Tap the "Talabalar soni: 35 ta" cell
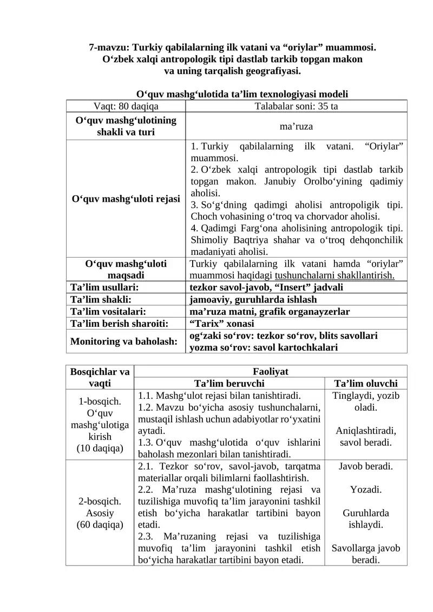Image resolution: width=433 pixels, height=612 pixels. [296, 106]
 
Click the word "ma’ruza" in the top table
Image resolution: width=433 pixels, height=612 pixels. [296, 127]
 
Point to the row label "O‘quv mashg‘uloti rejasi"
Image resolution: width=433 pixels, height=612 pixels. [126, 199]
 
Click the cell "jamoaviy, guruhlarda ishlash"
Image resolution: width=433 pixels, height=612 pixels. [253, 299]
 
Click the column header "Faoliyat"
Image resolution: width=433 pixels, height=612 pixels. [270, 372]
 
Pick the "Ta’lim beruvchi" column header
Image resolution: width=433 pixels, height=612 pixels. [229, 384]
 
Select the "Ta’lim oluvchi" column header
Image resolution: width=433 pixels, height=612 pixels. [365, 384]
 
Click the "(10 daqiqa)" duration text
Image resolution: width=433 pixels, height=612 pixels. [100, 449]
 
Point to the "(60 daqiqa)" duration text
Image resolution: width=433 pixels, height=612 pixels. [100, 524]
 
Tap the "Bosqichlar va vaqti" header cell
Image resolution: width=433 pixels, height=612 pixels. [100, 377]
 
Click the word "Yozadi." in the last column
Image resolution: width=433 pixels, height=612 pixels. [365, 490]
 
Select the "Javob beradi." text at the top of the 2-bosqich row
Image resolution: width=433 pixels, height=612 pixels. [365, 466]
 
